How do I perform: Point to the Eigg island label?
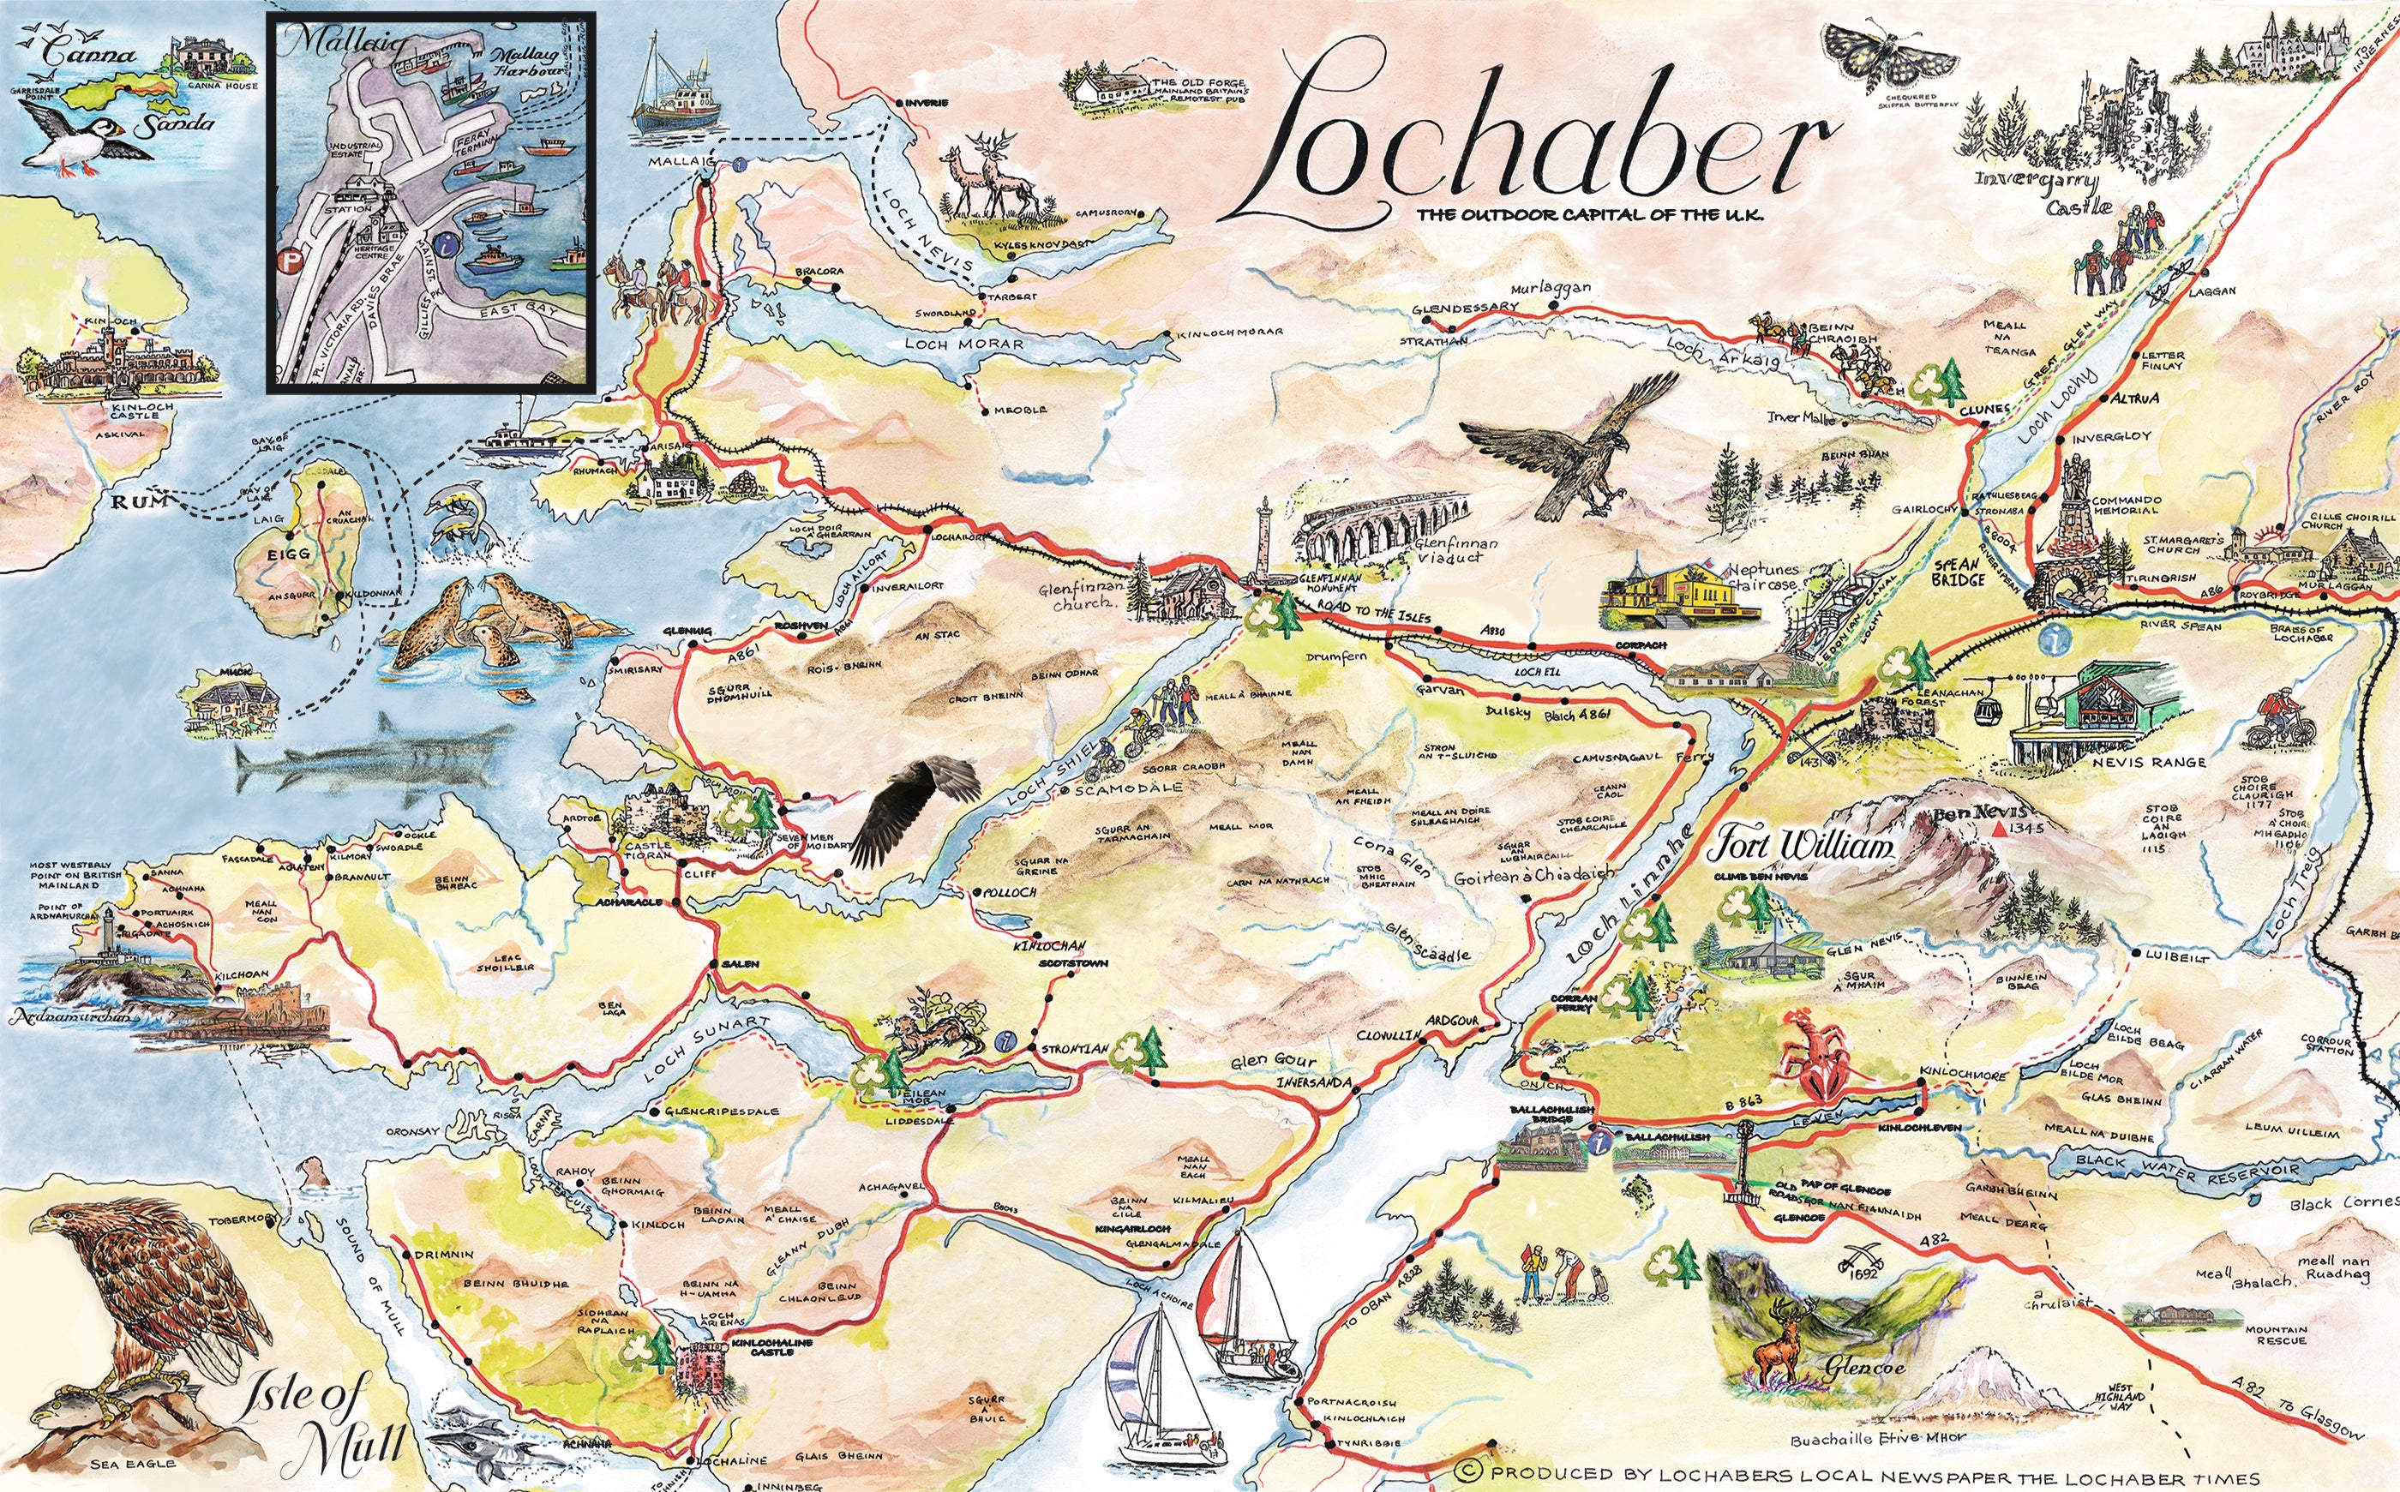(288, 555)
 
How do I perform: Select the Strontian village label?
(1076, 1049)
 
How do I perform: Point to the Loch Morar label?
(964, 344)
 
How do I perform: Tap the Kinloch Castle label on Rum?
(143, 410)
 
